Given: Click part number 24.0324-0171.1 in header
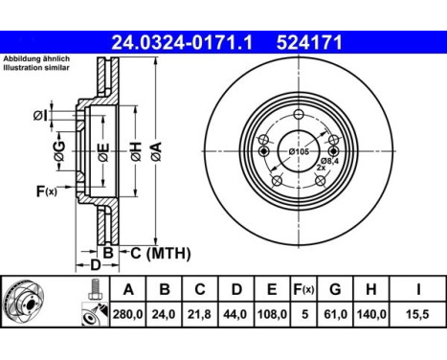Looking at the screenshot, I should (181, 42).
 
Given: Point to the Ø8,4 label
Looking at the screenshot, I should (330, 160).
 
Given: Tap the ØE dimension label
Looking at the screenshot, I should (103, 149).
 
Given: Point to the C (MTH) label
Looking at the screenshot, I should (160, 253).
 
